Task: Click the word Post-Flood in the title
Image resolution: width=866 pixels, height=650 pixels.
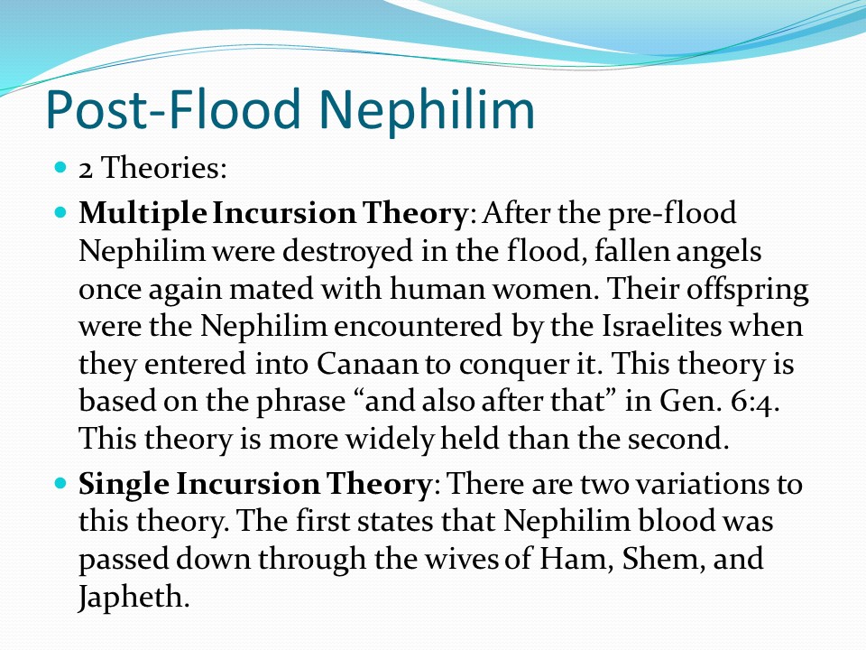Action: [172, 109]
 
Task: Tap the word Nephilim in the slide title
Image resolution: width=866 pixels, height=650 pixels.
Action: [427, 109]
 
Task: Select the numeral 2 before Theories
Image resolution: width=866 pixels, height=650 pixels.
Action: [86, 169]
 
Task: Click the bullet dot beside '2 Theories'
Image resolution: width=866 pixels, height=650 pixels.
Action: [60, 166]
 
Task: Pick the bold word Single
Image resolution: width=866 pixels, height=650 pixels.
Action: [124, 484]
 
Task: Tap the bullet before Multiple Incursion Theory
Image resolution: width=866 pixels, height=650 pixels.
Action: [60, 212]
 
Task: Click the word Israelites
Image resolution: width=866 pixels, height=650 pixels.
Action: [661, 326]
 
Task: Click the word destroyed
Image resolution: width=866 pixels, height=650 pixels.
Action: [348, 252]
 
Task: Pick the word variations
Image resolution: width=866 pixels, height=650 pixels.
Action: [703, 485]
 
